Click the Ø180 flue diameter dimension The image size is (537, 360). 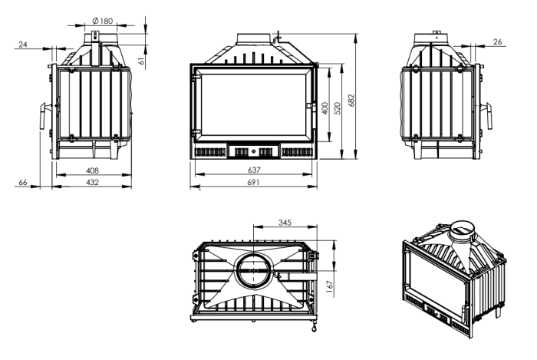(102, 21)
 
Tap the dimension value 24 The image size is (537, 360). (22, 45)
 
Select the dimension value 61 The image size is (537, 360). (141, 61)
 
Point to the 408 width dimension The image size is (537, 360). (92, 170)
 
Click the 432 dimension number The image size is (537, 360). (92, 182)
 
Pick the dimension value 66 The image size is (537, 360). (22, 182)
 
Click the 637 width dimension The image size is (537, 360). (254, 170)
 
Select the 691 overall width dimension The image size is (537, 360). (253, 182)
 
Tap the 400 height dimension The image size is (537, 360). (325, 108)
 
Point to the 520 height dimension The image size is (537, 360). (338, 108)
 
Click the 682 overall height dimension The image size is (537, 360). (351, 101)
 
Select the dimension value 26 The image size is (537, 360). (497, 41)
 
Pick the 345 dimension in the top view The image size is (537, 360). (285, 223)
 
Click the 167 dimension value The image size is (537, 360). (330, 287)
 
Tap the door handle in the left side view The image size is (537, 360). (44, 116)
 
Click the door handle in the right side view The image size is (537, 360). (489, 116)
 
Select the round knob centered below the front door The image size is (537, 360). (253, 150)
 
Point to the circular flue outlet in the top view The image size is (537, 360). (253, 270)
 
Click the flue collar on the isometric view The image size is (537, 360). (462, 231)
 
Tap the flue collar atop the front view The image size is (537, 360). (254, 38)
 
